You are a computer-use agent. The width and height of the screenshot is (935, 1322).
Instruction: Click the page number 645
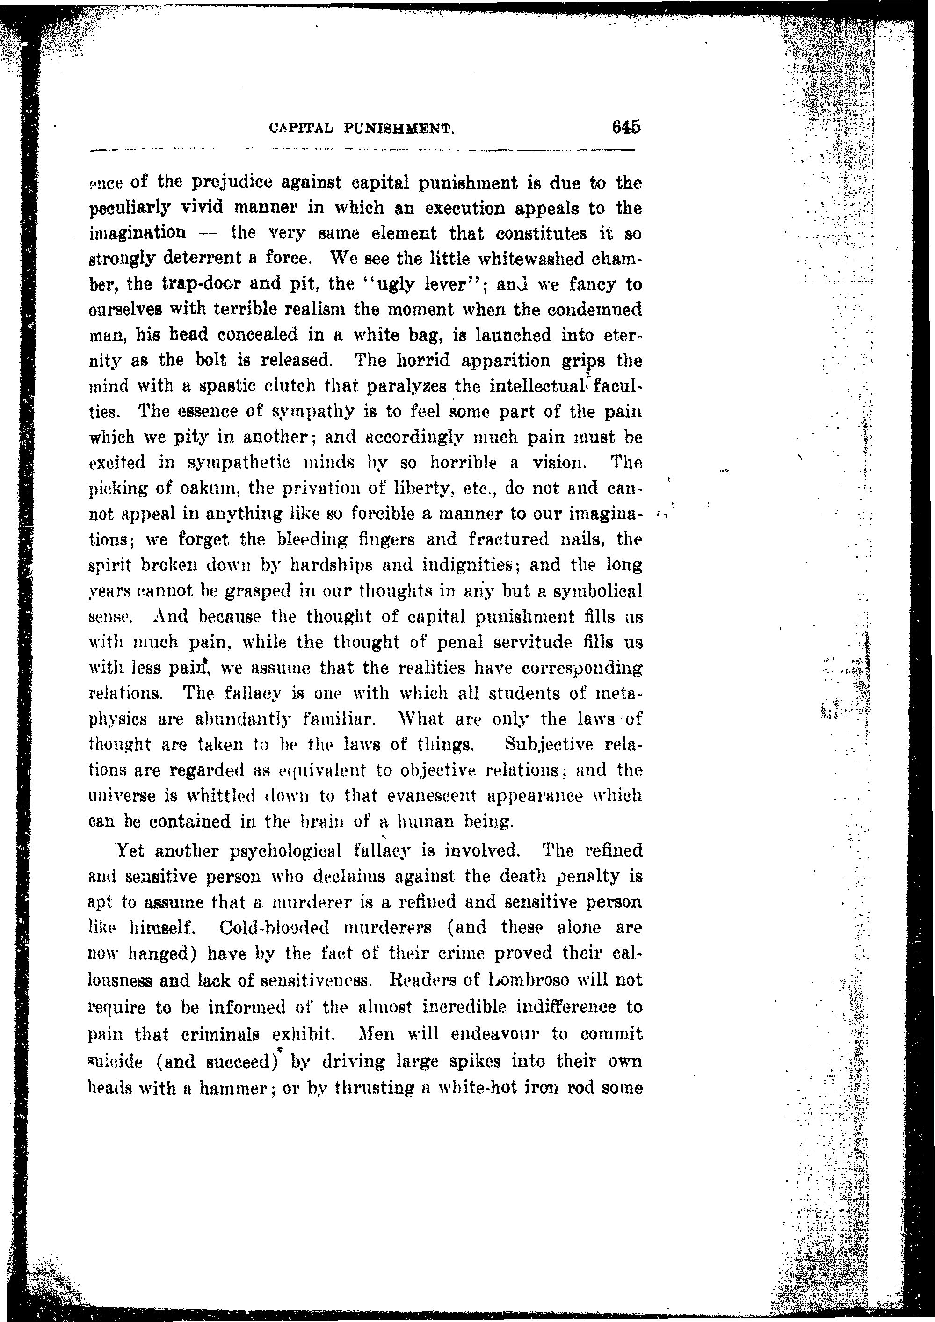coord(626,127)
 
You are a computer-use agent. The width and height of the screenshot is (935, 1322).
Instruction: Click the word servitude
coord(522,642)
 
